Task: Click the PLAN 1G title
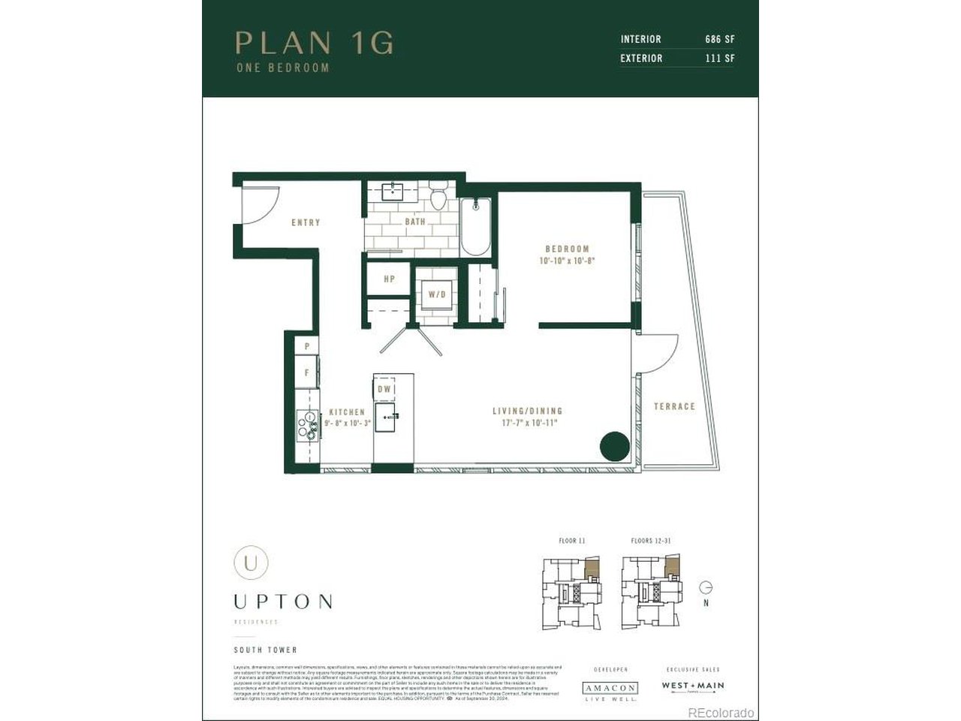314,43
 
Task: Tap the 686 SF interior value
719,39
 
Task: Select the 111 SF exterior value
719,58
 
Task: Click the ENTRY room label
306,222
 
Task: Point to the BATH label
415,222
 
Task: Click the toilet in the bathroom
439,198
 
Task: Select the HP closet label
389,279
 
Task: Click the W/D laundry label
437,294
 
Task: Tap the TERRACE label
674,406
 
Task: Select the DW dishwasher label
384,389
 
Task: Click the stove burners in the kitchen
306,424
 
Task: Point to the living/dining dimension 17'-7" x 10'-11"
527,423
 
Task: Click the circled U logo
250,562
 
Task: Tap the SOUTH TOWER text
265,650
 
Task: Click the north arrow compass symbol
705,588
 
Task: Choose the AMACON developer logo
610,688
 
